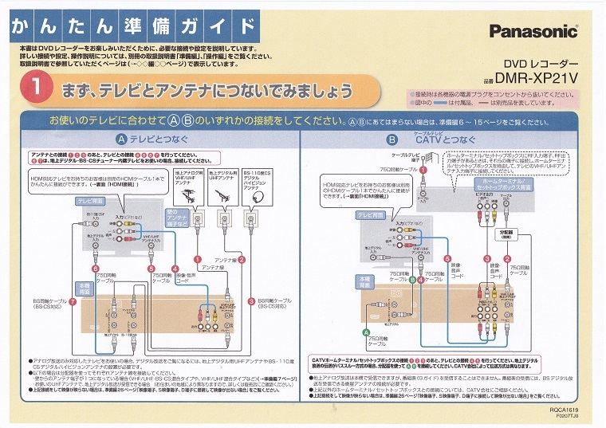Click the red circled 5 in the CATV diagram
point(447,259)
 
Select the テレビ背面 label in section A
point(89,202)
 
